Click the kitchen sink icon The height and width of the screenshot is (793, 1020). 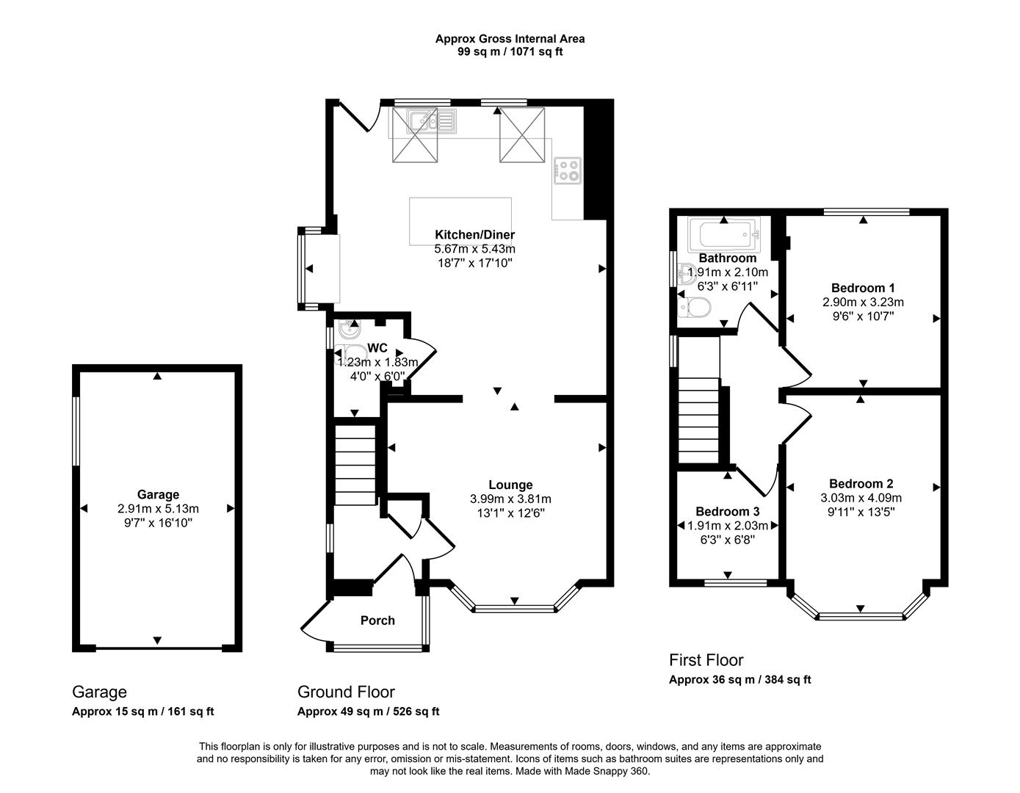(x=433, y=120)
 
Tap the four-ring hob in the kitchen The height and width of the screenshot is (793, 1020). (x=567, y=170)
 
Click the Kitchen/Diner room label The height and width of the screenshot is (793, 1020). (x=474, y=235)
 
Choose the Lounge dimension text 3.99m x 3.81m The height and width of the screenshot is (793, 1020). (x=510, y=499)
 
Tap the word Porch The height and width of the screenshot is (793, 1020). (x=377, y=620)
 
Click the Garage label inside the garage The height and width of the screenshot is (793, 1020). (x=158, y=495)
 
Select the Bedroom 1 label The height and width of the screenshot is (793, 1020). (x=863, y=288)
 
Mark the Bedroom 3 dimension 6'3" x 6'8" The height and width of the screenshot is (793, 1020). (x=727, y=540)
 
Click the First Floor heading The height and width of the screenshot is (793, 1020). (x=706, y=660)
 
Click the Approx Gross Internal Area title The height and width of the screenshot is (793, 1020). (x=510, y=39)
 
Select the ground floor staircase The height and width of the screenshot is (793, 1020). (x=355, y=467)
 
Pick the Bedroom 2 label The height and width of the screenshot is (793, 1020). (x=861, y=484)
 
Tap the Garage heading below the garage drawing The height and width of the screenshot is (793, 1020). (x=99, y=692)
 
